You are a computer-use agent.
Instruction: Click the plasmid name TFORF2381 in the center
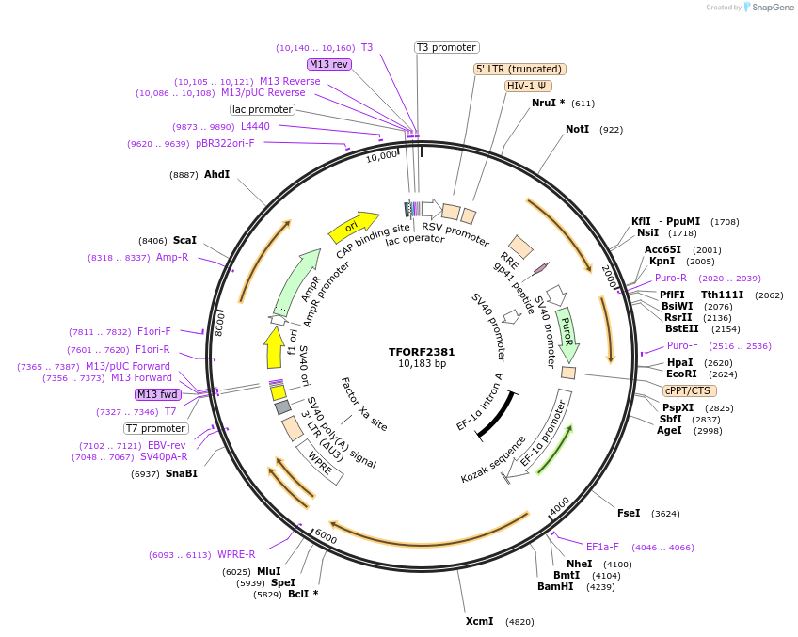(x=422, y=352)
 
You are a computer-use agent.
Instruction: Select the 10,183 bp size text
(x=422, y=364)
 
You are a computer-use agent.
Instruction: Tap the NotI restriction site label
(x=577, y=129)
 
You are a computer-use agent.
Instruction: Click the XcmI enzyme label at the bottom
(x=479, y=622)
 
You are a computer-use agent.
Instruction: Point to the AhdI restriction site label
(x=216, y=174)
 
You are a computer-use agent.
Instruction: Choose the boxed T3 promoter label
(x=447, y=47)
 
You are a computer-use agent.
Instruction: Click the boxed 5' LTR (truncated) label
(x=519, y=69)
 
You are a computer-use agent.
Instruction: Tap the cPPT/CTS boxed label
(x=689, y=390)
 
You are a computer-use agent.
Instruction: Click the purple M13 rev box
(x=328, y=64)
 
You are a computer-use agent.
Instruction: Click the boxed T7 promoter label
(x=156, y=428)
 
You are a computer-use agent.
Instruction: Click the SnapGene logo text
(x=773, y=8)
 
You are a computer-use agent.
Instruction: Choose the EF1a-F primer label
(x=602, y=547)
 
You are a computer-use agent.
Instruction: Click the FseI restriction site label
(x=629, y=513)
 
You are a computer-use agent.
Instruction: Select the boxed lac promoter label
(x=263, y=109)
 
